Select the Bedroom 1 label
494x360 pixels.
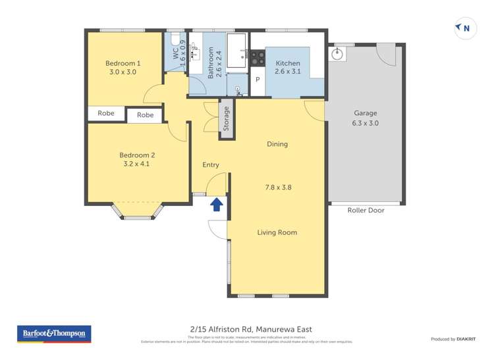coord(123,63)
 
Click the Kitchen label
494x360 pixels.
coord(288,63)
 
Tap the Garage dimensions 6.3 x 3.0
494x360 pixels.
coord(366,122)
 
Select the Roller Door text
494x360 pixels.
coord(366,210)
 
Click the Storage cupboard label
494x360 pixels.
coord(227,119)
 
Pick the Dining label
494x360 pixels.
coord(277,144)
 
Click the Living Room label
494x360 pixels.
coord(277,232)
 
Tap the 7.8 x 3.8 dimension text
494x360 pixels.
coord(278,187)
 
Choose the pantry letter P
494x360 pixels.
coord(258,80)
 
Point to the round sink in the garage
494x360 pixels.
coord(339,53)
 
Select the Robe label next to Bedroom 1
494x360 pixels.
coord(106,113)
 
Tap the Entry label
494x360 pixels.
coord(210,165)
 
